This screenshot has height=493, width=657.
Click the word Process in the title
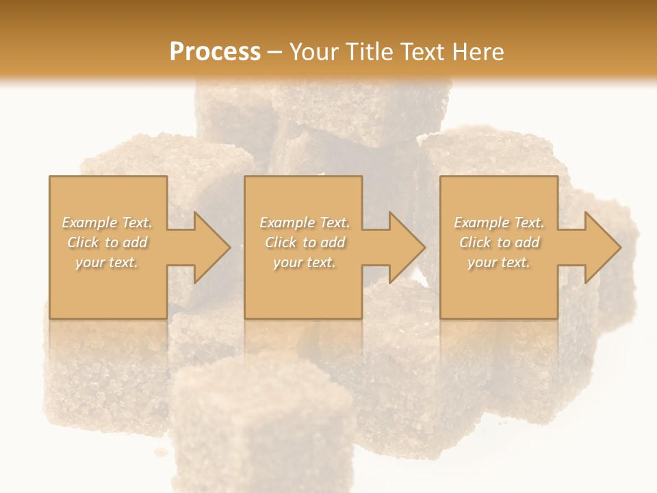pos(215,51)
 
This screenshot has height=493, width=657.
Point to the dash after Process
pos(275,52)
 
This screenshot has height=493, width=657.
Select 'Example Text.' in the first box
pos(107,223)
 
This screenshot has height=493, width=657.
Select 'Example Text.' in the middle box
pos(305,223)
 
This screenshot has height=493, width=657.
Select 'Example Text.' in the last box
pos(499,223)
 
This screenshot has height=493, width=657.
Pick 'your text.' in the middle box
pos(304,262)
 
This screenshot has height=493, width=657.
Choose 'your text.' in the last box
pos(498,262)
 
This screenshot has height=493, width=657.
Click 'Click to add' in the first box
pos(107,242)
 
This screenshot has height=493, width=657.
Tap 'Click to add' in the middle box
pos(305,242)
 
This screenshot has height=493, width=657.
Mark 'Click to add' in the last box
pos(500,242)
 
